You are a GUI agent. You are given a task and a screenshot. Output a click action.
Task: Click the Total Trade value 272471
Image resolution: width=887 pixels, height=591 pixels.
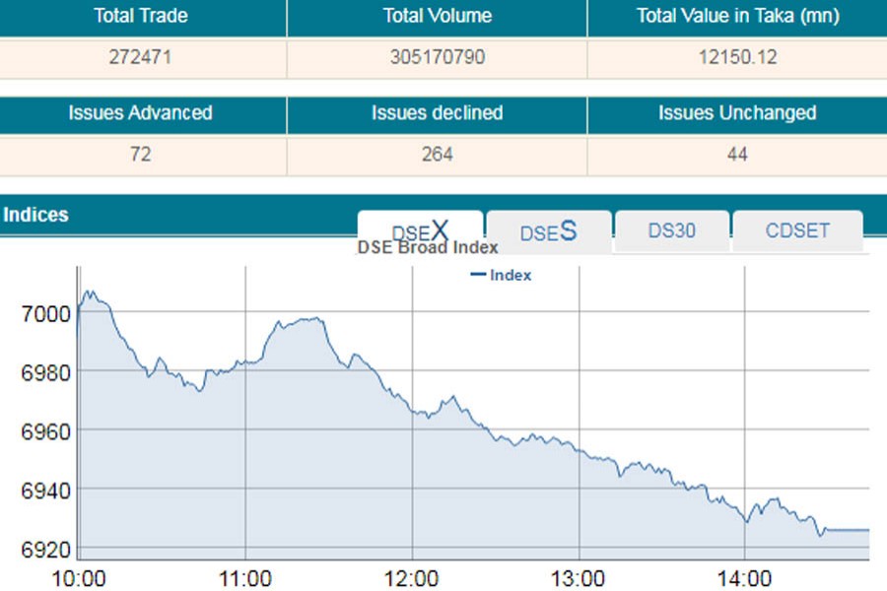tap(141, 57)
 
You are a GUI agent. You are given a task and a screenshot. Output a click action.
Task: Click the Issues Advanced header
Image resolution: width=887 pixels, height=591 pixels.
tap(141, 113)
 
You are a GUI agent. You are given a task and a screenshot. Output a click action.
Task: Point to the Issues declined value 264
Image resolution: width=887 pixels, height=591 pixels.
tap(437, 155)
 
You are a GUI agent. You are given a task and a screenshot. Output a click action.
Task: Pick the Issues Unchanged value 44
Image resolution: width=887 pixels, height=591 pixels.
tap(735, 155)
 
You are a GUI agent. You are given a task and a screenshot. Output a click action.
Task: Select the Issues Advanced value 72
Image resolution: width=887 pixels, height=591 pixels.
tap(141, 155)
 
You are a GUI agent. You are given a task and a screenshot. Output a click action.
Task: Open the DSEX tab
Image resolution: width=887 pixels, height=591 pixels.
tap(420, 231)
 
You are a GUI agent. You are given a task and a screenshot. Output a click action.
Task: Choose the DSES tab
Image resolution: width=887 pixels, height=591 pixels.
tap(548, 232)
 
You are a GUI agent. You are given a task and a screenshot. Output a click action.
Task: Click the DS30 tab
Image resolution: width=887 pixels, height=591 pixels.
tap(671, 230)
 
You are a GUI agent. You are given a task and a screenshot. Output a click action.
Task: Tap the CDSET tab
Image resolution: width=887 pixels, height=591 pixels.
tap(797, 230)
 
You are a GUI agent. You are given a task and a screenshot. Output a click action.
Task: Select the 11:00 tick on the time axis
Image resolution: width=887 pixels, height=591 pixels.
tap(244, 576)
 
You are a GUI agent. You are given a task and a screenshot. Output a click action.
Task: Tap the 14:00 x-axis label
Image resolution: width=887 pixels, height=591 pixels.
tap(744, 576)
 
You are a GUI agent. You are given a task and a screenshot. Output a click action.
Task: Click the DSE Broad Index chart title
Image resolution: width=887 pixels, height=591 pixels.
tap(427, 248)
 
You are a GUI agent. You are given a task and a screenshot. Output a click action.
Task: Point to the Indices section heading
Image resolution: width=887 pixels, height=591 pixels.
tap(36, 215)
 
